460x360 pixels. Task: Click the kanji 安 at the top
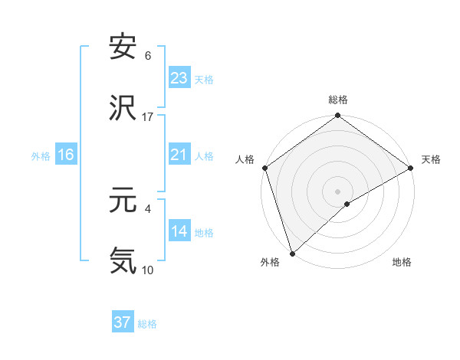123,47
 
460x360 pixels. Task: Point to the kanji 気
123,260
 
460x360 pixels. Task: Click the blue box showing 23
179,78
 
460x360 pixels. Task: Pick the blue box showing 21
179,155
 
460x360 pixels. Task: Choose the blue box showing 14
179,231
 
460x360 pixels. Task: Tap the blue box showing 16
66,155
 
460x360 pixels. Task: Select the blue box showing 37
123,322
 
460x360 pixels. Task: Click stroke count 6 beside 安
147,56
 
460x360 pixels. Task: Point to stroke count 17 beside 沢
148,116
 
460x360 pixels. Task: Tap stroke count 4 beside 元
147,208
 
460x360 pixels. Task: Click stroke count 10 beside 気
148,270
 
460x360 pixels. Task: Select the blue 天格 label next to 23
204,79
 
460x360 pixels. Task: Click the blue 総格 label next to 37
147,324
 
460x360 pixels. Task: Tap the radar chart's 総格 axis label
338,100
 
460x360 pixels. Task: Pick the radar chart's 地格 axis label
402,262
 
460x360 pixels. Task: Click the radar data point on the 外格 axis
292,253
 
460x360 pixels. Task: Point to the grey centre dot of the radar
338,191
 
